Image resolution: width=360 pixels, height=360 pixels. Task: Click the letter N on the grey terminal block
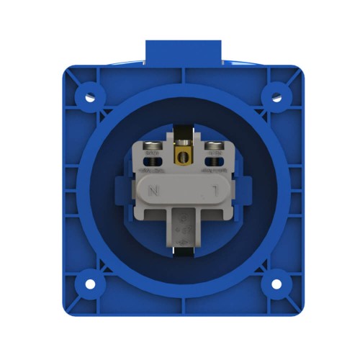pos(153,192)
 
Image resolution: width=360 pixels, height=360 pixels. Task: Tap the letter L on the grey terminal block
pos(214,192)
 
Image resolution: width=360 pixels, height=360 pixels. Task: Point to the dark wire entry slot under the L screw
pos(212,163)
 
